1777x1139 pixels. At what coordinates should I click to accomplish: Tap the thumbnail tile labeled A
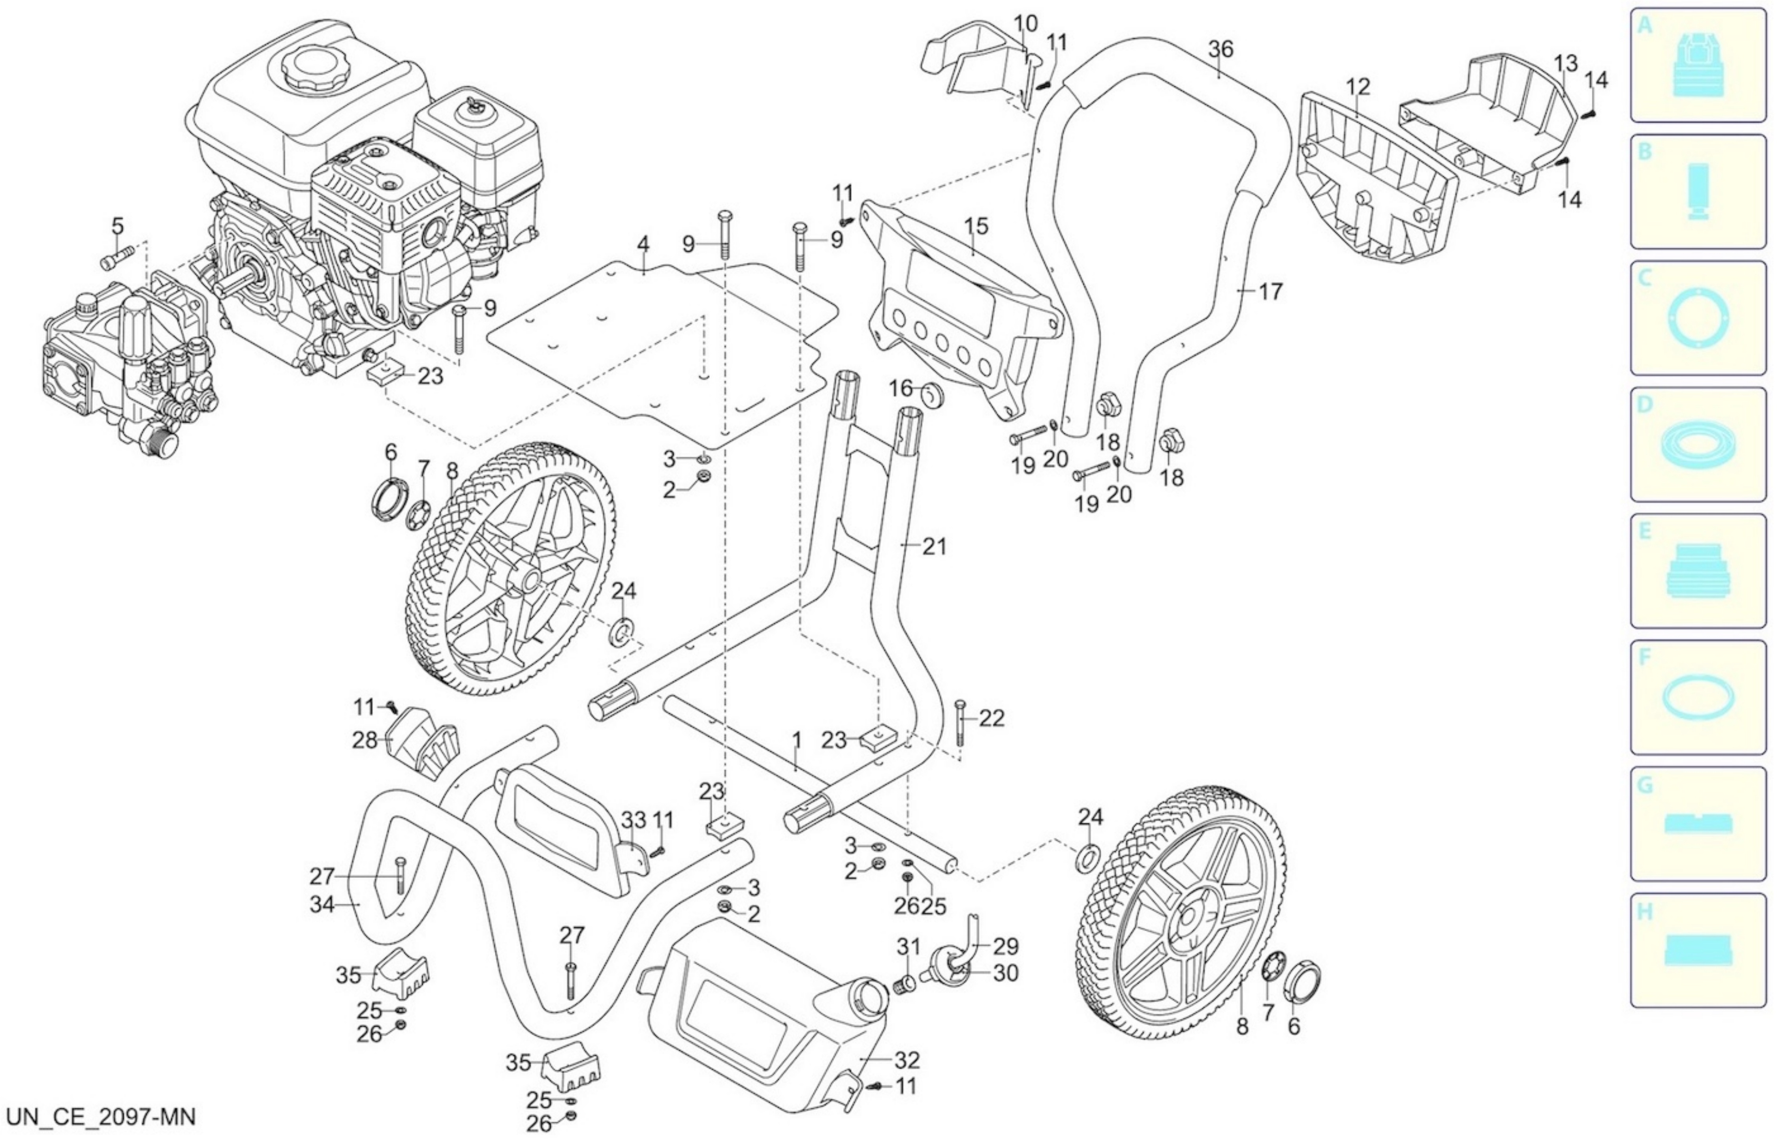click(1698, 65)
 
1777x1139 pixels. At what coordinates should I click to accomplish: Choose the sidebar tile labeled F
click(1698, 697)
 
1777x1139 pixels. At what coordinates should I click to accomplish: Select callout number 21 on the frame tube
click(935, 546)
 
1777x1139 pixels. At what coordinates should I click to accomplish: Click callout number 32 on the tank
click(907, 1060)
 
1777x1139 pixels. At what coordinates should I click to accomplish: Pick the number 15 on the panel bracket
click(976, 226)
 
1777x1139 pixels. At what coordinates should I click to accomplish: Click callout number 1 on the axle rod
click(797, 739)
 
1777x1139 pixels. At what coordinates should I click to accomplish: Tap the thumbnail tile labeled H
click(1698, 949)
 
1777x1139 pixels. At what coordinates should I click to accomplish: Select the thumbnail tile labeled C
click(1698, 318)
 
